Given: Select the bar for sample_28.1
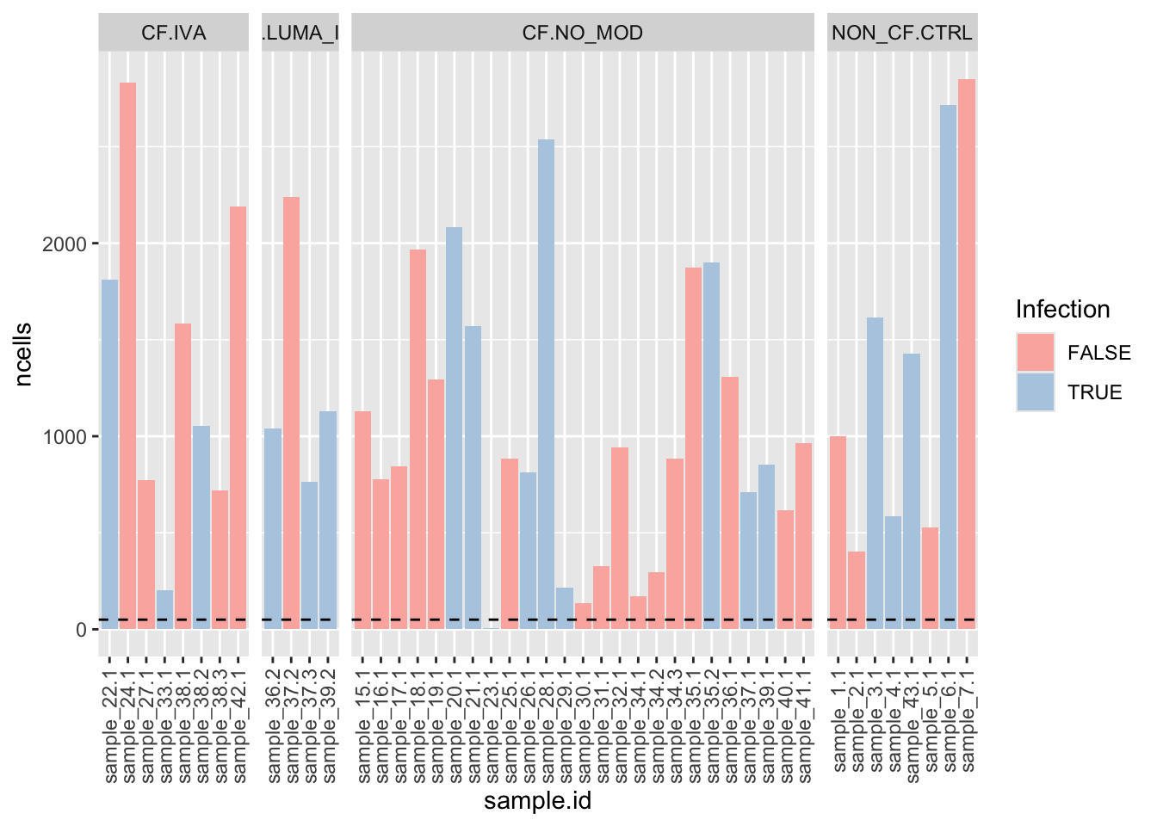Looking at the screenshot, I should [546, 384].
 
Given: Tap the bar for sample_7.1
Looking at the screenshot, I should [967, 354].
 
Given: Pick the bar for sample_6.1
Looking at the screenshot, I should [948, 367].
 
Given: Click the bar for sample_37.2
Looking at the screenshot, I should [291, 413].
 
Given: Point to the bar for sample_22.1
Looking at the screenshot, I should [109, 454].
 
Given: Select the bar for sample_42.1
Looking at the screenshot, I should [238, 417].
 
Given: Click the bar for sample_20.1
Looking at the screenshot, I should [454, 428].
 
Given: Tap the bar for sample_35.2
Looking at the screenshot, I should [711, 446].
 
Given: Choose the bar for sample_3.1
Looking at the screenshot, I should [875, 473].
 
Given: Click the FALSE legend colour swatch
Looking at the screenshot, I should [1035, 353].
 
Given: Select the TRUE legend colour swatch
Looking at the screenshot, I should [1035, 392].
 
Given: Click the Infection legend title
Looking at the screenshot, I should [1062, 310].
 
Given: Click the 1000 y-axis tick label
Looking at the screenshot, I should [65, 437].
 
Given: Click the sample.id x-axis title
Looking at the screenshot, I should [537, 802].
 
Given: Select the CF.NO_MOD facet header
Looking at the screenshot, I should [582, 34].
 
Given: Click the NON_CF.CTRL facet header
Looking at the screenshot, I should [901, 34].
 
